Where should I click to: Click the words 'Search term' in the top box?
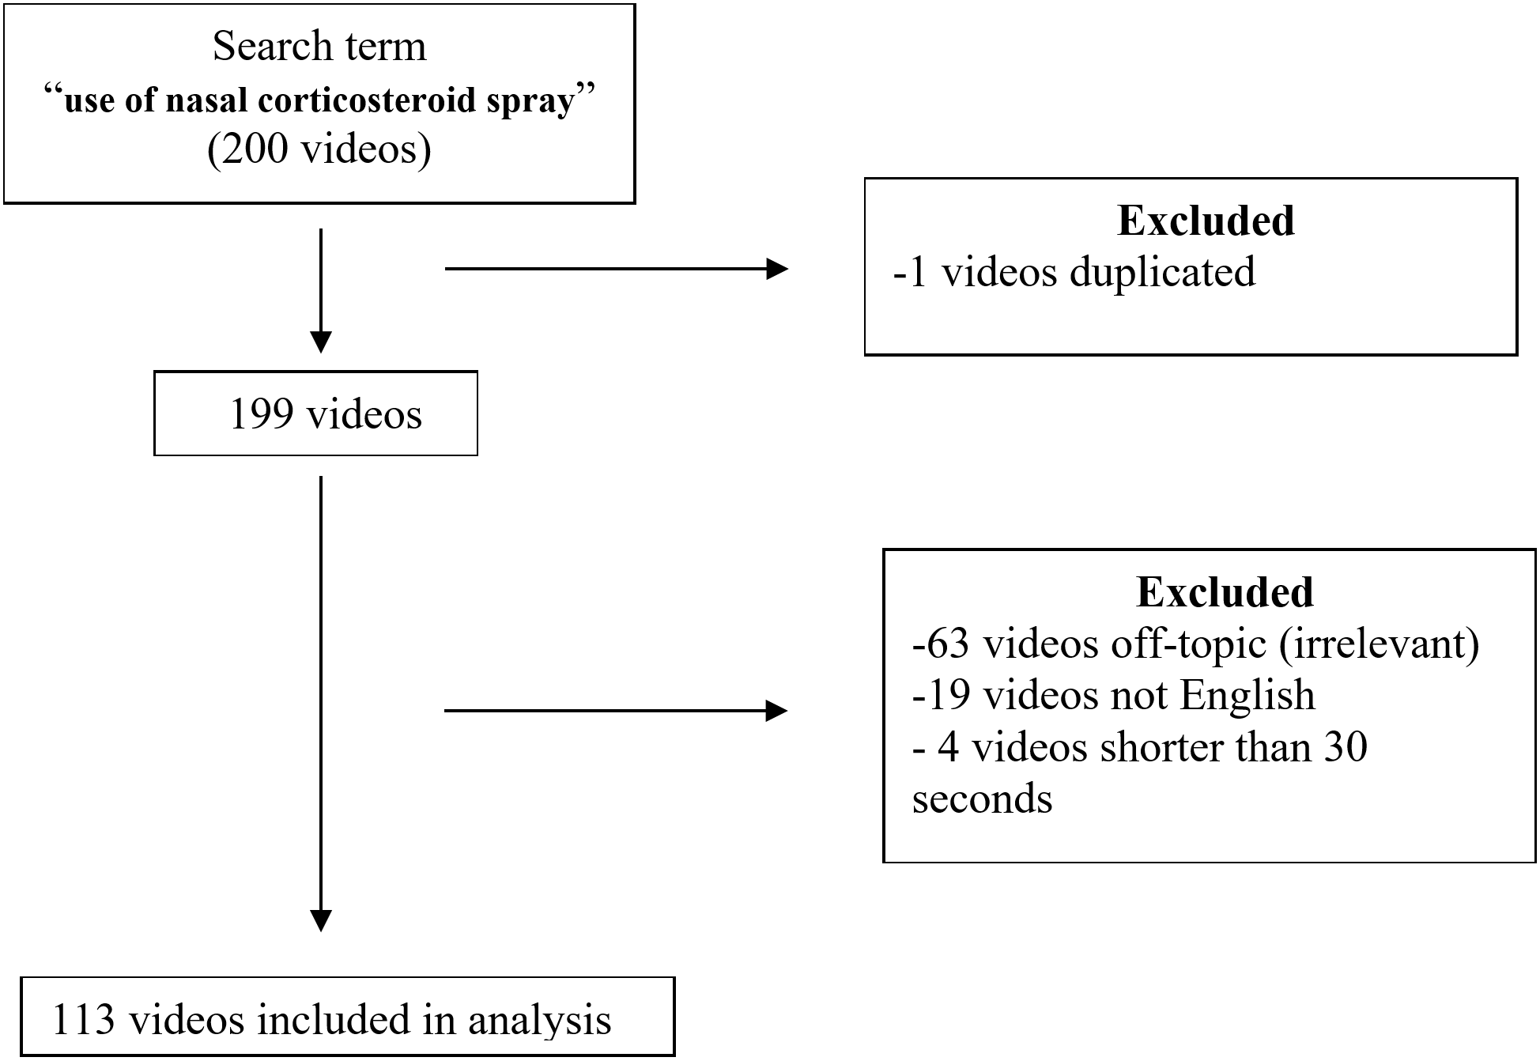(x=319, y=47)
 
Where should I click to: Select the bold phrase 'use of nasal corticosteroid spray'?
(x=319, y=100)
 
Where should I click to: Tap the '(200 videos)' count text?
(x=319, y=149)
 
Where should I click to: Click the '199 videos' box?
(x=315, y=413)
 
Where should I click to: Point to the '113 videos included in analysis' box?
(x=347, y=1018)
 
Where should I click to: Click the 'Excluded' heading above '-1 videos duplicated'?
(x=1206, y=221)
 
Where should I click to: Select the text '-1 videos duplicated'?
(x=1074, y=272)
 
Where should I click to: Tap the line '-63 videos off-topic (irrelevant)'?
(x=1195, y=644)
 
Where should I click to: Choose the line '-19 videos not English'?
(x=1113, y=696)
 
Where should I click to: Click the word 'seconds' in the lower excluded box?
(x=982, y=799)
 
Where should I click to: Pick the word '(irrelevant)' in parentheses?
(x=1378, y=644)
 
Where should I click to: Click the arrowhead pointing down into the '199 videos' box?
(x=321, y=342)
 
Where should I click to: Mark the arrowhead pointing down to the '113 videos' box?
(x=321, y=921)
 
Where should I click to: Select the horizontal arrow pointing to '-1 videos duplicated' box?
(x=617, y=269)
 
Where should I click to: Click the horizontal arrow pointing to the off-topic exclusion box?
(x=617, y=711)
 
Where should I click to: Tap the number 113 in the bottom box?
(x=84, y=1019)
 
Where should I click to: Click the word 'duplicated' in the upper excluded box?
(x=1162, y=272)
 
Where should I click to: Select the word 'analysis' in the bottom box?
(x=540, y=1019)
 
